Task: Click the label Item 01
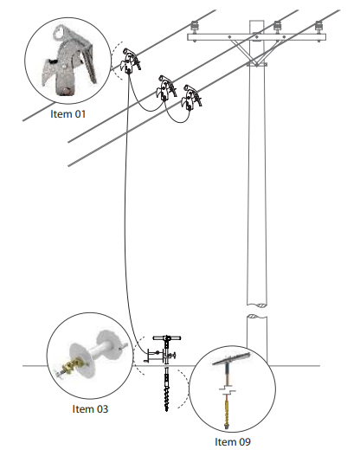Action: (x=68, y=113)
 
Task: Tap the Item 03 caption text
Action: (x=90, y=409)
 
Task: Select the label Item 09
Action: (x=233, y=442)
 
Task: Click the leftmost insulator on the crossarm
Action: (x=194, y=27)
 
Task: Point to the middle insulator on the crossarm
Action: (x=278, y=27)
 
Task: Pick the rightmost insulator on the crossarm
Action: (x=319, y=27)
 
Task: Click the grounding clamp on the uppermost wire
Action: (x=131, y=61)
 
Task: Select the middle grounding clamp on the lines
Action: (x=166, y=88)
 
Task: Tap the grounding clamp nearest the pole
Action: (x=191, y=98)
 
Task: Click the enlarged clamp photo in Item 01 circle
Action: (x=70, y=61)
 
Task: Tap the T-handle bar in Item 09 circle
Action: (x=231, y=359)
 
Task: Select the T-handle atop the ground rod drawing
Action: (x=167, y=338)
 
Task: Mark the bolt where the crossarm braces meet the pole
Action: (x=256, y=64)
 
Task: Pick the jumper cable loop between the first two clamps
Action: (x=145, y=100)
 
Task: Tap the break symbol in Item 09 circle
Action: (x=227, y=389)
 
